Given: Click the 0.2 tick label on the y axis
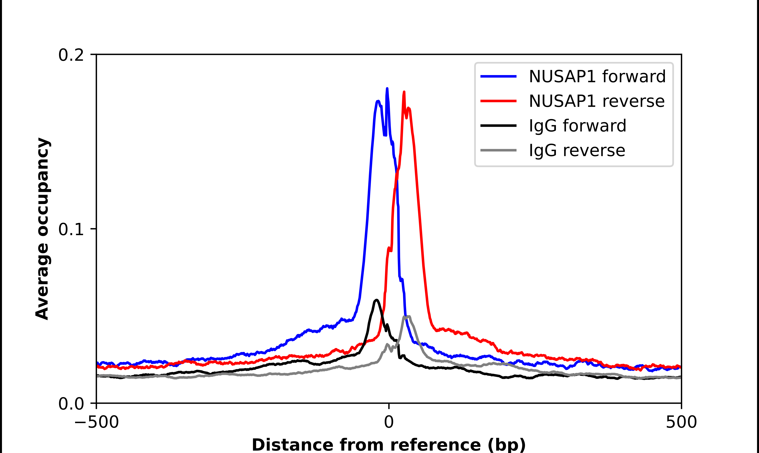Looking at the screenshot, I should point(71,55).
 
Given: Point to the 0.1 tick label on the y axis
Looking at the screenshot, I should point(71,229).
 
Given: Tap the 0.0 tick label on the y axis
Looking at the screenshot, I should point(71,404).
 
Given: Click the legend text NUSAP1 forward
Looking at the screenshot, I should point(597,76).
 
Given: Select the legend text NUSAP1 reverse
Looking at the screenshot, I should point(596,101).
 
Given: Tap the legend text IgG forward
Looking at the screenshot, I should point(577,126).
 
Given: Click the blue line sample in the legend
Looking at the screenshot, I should point(498,76).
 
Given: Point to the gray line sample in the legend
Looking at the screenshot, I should point(498,150).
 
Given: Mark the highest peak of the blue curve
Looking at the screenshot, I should point(387,89).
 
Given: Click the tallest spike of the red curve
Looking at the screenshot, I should point(404,92).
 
